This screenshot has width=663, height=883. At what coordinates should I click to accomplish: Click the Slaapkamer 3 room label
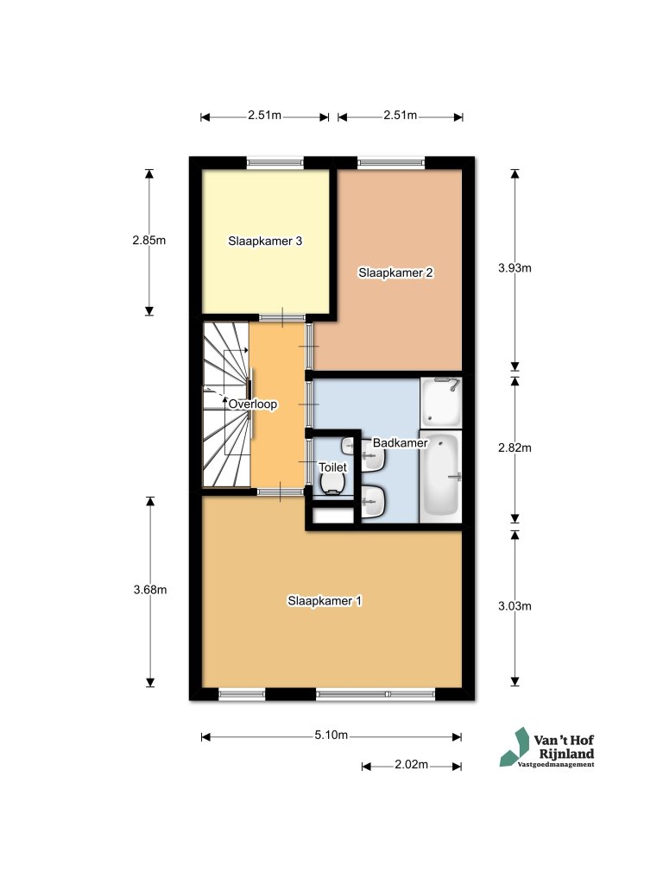point(265,241)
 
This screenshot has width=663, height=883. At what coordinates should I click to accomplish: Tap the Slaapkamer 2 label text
point(395,272)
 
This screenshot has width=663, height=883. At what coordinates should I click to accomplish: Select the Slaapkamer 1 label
point(325,601)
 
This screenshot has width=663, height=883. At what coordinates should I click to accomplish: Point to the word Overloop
point(253,404)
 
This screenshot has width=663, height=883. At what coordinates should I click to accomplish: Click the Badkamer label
point(401,443)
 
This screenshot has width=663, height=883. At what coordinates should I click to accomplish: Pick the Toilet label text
point(332,467)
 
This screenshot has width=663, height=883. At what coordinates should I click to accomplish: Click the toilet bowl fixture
point(332,483)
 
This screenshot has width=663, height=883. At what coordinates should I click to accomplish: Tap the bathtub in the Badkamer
point(441,475)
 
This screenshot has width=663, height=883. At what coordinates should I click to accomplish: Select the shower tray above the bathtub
point(441,403)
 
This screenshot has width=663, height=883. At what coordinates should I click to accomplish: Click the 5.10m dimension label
point(331,736)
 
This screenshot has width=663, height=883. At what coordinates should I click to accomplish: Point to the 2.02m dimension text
point(411,765)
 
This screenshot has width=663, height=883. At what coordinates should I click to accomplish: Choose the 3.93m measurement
point(515,268)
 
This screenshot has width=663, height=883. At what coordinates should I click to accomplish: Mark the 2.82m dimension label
point(515,448)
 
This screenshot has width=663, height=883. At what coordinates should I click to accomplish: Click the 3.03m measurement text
point(515,606)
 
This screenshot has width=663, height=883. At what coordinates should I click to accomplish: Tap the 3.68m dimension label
point(150,590)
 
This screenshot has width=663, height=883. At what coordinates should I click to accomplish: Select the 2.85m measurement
point(149,240)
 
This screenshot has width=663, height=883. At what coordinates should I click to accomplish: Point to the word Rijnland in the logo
point(566,754)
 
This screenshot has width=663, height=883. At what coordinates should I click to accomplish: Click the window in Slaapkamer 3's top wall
point(275,163)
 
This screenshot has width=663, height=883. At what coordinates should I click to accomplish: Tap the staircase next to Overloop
point(226,404)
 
